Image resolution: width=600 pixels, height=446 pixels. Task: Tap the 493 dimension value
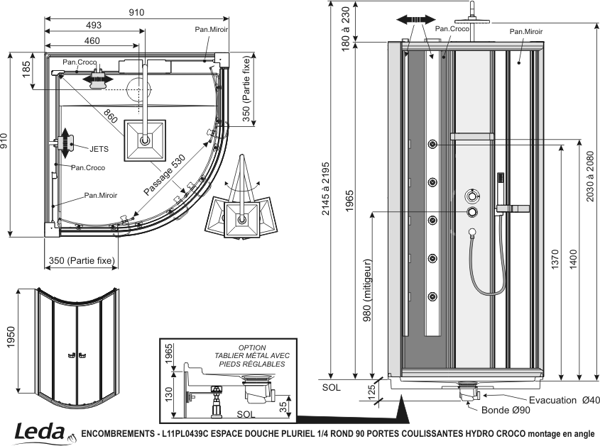click(x=93, y=26)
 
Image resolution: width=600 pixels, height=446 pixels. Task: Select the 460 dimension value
click(x=92, y=40)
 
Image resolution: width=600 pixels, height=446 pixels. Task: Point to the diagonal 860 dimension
click(x=110, y=116)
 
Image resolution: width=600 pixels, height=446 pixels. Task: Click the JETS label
click(x=99, y=149)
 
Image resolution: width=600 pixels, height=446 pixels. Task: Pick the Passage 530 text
click(x=165, y=175)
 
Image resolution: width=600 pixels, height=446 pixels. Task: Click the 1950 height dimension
click(x=11, y=337)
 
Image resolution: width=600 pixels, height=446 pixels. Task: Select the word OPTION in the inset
click(x=252, y=347)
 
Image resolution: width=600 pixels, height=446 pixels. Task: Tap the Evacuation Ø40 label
click(x=564, y=400)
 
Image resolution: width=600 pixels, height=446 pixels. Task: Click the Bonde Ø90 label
click(x=506, y=410)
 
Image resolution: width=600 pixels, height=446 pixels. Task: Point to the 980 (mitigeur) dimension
click(x=367, y=291)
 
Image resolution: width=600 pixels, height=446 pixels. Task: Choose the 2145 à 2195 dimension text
click(x=325, y=189)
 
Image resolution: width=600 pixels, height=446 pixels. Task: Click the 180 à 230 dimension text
click(x=346, y=28)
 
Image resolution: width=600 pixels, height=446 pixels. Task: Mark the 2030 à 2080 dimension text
click(x=590, y=177)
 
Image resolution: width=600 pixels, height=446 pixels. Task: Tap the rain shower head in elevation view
click(x=473, y=20)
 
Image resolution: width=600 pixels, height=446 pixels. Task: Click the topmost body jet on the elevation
click(x=432, y=144)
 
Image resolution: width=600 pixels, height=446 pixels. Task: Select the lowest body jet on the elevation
click(x=432, y=296)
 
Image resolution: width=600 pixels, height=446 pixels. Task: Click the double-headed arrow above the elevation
click(x=416, y=20)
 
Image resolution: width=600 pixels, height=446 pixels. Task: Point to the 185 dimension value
click(x=26, y=69)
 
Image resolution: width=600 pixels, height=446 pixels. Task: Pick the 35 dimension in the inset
click(x=283, y=407)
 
